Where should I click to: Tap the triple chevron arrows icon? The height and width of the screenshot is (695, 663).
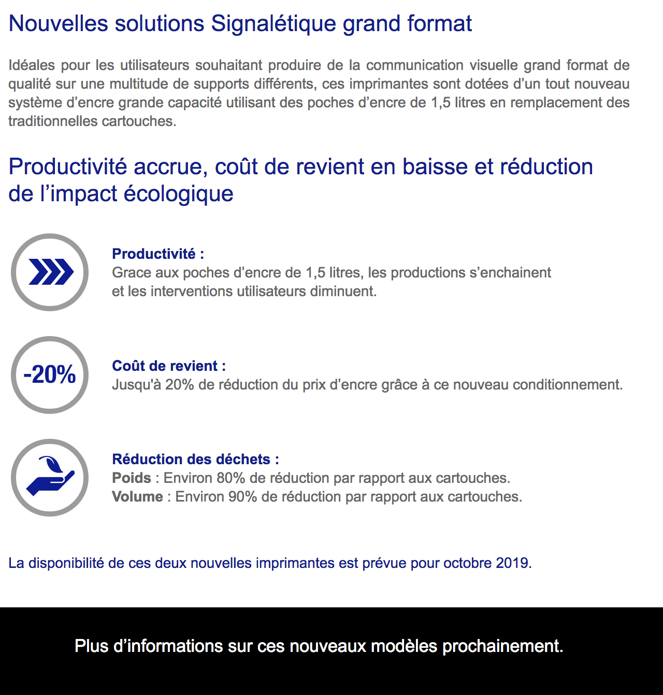click(x=50, y=272)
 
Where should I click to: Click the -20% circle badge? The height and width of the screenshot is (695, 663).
click(x=50, y=375)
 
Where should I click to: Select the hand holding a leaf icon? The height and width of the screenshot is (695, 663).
click(x=50, y=478)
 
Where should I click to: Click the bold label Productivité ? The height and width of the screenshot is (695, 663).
click(x=158, y=254)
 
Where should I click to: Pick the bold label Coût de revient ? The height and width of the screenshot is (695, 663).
click(x=169, y=366)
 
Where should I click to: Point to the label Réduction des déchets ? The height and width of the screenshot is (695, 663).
click(x=195, y=460)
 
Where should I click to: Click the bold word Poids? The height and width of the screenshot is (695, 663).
click(x=132, y=478)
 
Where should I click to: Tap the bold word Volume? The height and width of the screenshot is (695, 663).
click(x=137, y=497)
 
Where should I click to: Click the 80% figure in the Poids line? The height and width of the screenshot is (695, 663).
click(x=231, y=478)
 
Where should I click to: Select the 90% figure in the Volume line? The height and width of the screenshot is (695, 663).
click(x=242, y=497)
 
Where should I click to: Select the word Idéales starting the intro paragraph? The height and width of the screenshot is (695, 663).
click(x=32, y=65)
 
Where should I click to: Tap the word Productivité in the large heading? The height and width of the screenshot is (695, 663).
click(x=68, y=167)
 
